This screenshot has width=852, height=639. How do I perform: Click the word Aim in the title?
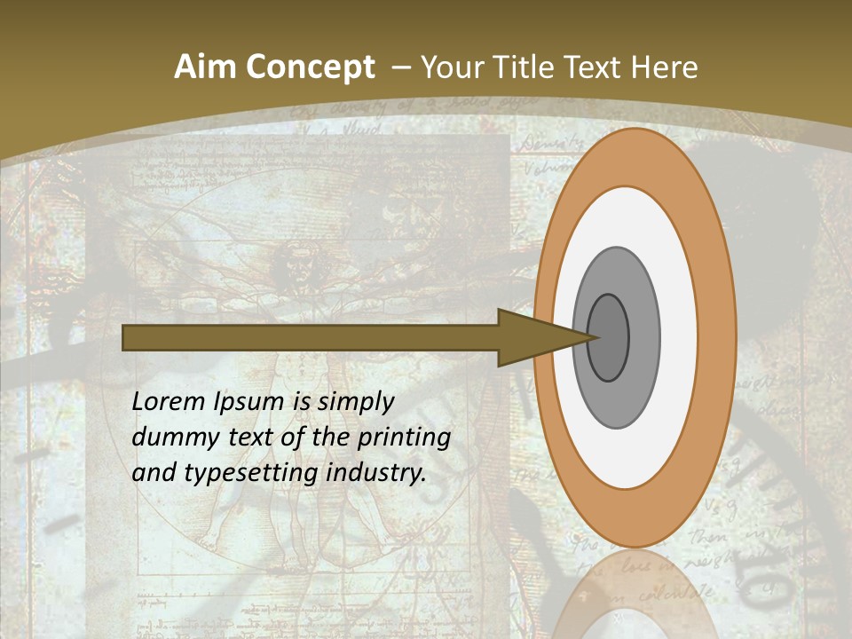point(206,67)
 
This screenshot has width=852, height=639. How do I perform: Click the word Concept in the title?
point(311,67)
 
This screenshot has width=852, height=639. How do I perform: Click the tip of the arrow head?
point(596,337)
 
